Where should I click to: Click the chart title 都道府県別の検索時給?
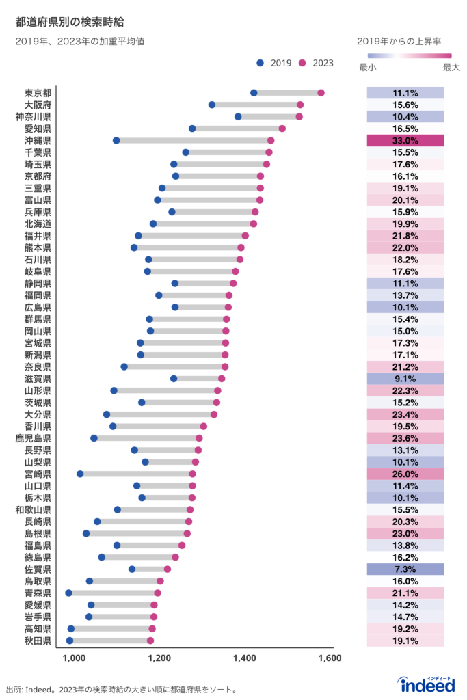point(70,23)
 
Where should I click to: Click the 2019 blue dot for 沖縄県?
point(116,140)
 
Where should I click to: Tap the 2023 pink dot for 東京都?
point(321,93)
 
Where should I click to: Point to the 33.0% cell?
point(405,140)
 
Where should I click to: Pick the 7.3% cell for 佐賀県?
point(405,569)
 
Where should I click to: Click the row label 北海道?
point(38,224)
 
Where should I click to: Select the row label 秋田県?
point(38,641)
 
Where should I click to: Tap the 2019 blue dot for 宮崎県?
point(80,474)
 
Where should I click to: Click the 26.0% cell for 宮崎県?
point(405,474)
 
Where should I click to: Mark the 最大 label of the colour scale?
point(452,68)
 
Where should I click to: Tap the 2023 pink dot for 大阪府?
point(300,105)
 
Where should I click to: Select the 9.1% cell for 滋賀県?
point(405,379)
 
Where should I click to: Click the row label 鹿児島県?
point(33,438)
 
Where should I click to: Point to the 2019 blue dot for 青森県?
point(68,593)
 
